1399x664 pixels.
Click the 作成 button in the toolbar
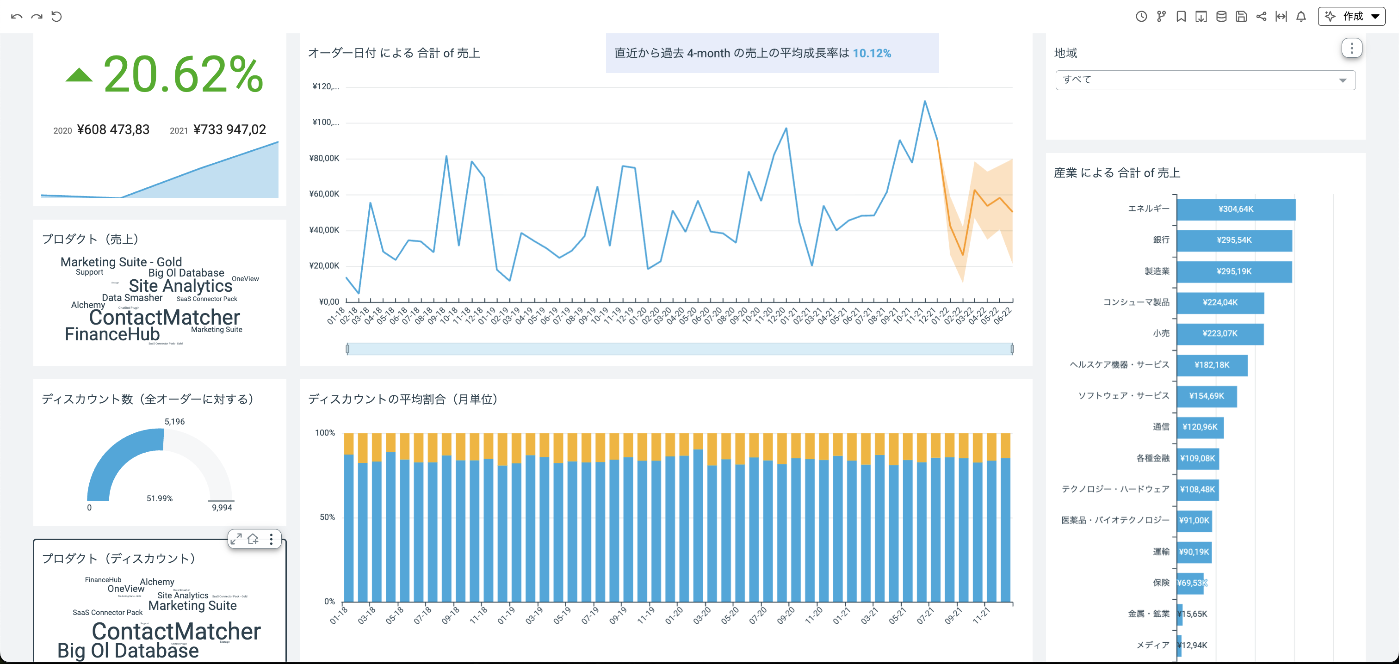tap(1351, 16)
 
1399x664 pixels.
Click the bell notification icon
tap(1301, 16)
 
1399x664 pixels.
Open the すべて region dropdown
tap(1205, 80)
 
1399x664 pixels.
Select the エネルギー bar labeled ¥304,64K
tap(1236, 209)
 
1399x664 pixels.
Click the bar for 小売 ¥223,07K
tap(1220, 333)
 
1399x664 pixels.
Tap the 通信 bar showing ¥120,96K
tap(1200, 427)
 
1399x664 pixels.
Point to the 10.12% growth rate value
tap(871, 53)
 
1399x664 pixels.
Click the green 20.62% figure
tap(183, 74)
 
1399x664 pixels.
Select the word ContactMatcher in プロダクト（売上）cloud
tap(165, 317)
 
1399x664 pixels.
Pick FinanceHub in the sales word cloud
tap(112, 334)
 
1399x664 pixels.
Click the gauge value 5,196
tap(174, 421)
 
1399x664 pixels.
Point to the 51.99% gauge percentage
tap(159, 498)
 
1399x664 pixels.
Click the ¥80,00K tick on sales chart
tap(324, 159)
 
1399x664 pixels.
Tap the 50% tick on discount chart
tap(327, 517)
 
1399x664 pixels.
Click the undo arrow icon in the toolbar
tap(16, 16)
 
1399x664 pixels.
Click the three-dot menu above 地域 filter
tap(1351, 49)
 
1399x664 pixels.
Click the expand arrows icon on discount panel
tap(235, 539)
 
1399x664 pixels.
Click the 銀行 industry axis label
tap(1161, 240)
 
